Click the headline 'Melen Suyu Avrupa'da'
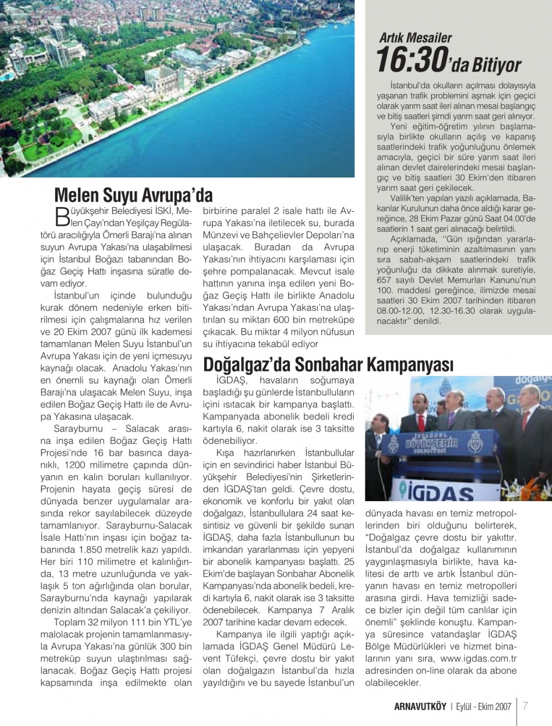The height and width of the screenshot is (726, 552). [133, 195]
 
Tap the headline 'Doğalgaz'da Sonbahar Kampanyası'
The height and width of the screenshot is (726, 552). [328, 364]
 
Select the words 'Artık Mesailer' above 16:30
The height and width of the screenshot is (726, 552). [415, 38]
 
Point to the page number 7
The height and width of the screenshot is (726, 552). [526, 706]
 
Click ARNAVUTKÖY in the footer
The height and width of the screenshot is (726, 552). [420, 706]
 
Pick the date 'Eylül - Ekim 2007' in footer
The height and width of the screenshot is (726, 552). [484, 706]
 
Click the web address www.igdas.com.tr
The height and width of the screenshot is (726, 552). [479, 658]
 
